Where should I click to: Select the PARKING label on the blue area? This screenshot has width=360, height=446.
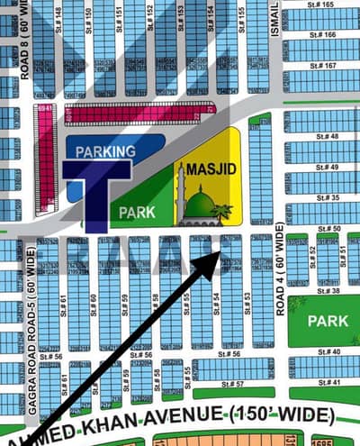(105, 151)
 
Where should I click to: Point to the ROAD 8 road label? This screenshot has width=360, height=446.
(25, 40)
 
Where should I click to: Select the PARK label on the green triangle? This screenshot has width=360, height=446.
(135, 213)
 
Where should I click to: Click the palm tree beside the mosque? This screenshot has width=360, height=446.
(220, 213)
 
